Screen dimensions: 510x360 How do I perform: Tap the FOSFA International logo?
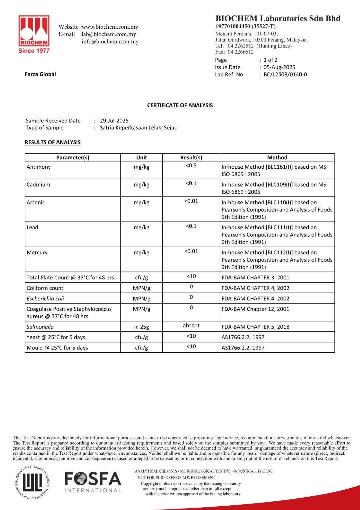tap(93, 482)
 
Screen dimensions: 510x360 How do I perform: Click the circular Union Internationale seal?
tap(32, 482)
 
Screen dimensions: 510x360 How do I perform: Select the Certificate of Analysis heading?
tap(180, 105)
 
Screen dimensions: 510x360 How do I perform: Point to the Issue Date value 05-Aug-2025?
tap(279, 67)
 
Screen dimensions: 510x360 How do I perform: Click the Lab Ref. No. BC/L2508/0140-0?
tap(285, 75)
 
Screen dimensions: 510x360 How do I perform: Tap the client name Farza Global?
tap(40, 74)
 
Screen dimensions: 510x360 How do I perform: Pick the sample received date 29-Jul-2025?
tap(114, 121)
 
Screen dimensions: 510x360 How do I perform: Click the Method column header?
tap(277, 158)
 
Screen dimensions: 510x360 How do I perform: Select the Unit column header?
tap(141, 158)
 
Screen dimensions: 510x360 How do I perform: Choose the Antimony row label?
tap(39, 167)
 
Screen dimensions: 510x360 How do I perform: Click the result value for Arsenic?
tap(191, 201)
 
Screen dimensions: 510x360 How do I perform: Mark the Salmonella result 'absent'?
tap(191, 326)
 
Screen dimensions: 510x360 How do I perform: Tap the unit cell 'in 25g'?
tap(141, 327)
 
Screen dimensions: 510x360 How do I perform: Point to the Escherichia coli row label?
tap(45, 299)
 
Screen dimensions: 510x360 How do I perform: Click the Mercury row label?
tap(37, 253)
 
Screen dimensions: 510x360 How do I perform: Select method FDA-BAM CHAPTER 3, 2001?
tap(255, 278)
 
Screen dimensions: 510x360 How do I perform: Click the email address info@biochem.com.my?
tap(110, 42)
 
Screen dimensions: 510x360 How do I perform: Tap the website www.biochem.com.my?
tap(110, 27)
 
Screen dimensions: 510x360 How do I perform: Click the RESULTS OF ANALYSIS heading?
tap(53, 142)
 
